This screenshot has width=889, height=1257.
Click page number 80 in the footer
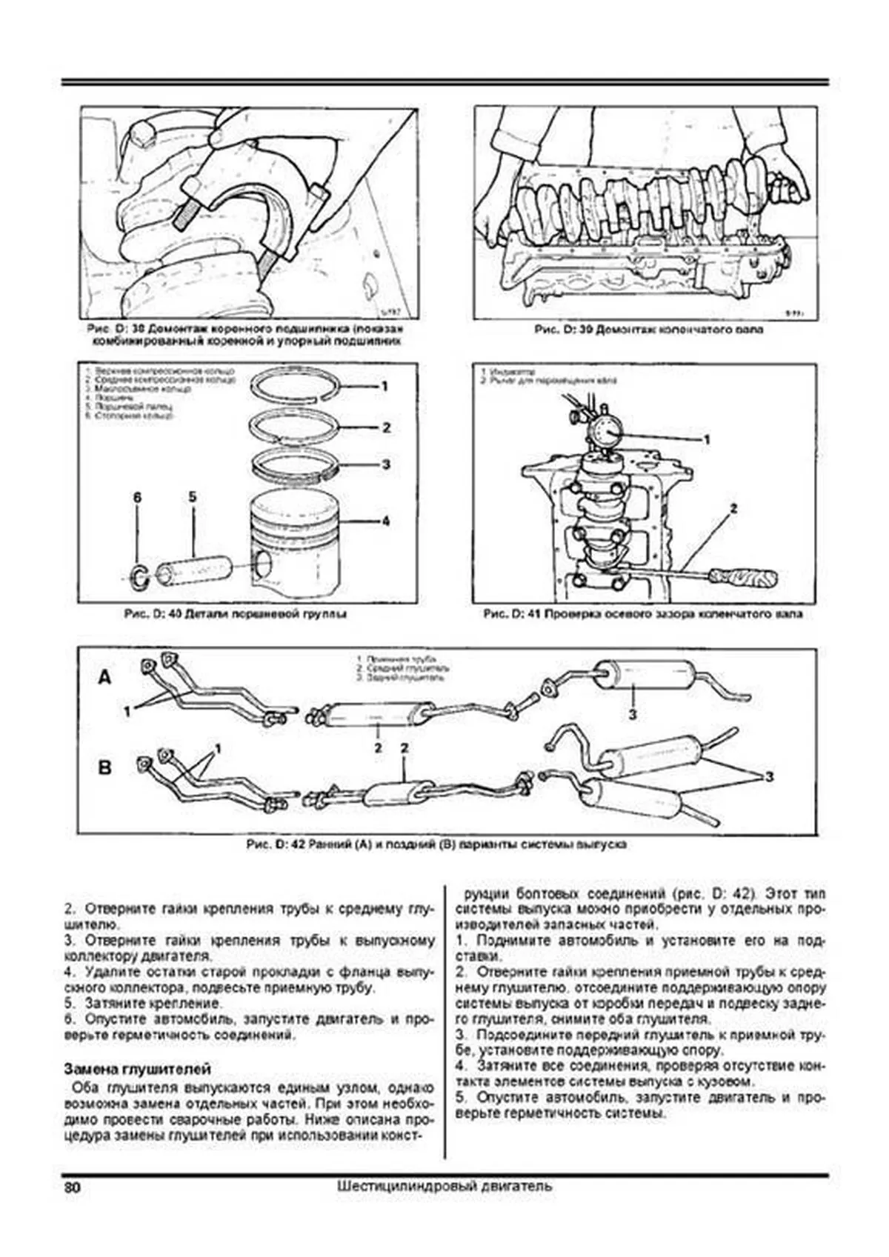coord(72,1186)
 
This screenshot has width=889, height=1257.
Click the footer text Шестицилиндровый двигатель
coord(444,1186)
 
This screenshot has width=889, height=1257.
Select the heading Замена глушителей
coord(137,1069)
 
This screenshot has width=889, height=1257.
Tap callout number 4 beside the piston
coord(385,521)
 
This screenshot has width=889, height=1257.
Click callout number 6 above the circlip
coord(137,498)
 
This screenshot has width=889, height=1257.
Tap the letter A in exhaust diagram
coord(105,677)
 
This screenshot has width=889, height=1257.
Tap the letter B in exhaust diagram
coord(105,767)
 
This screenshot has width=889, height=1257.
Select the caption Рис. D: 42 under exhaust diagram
coord(436,844)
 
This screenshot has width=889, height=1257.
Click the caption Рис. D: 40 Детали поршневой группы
coord(235,614)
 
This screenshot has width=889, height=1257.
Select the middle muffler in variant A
coord(370,713)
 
